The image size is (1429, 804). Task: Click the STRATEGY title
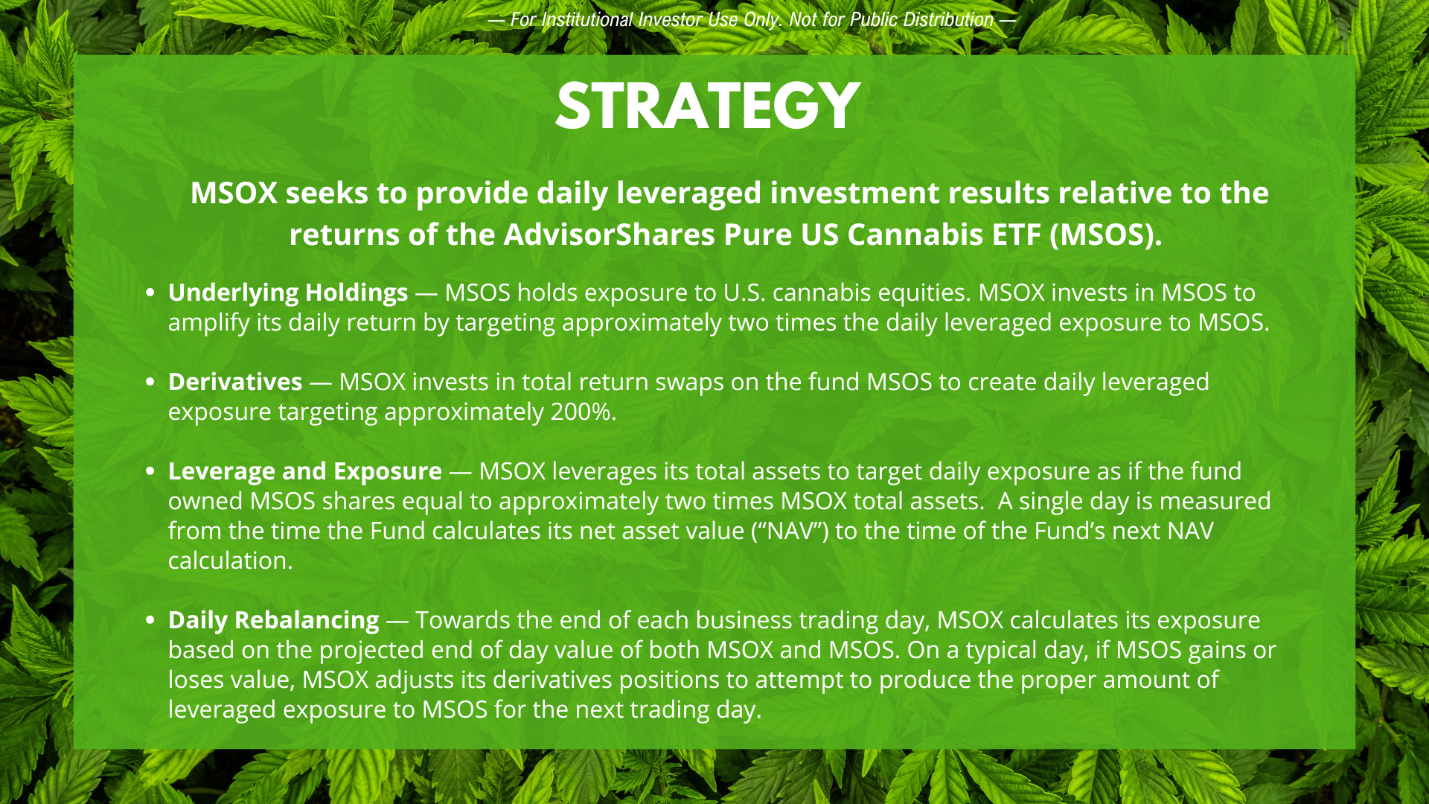pyautogui.click(x=708, y=106)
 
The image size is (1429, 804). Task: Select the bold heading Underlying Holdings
pyautogui.click(x=288, y=293)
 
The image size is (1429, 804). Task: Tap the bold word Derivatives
pyautogui.click(x=235, y=382)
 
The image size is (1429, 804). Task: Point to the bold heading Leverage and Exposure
pyautogui.click(x=305, y=472)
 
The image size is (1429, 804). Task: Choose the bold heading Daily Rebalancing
pyautogui.click(x=274, y=621)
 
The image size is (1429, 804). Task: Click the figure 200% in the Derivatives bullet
pyautogui.click(x=581, y=412)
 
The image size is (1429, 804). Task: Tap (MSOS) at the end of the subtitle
pyautogui.click(x=1105, y=235)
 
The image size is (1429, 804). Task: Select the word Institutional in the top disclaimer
pyautogui.click(x=587, y=20)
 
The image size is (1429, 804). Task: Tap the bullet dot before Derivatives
pyautogui.click(x=151, y=383)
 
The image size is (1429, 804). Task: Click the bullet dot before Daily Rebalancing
pyautogui.click(x=151, y=620)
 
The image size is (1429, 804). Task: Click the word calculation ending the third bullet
pyautogui.click(x=231, y=561)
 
